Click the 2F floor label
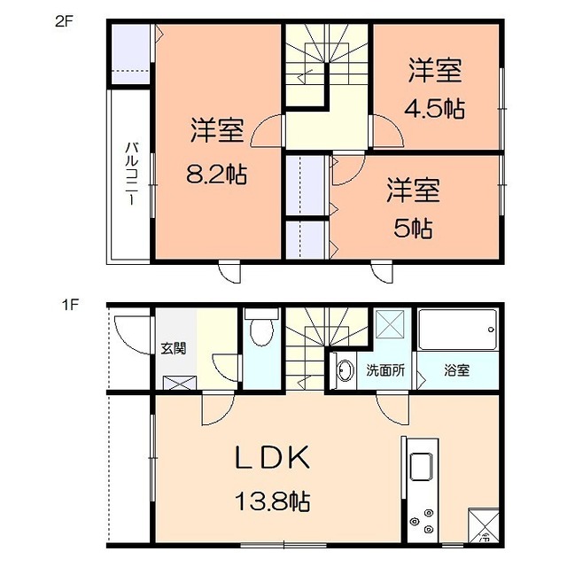click(64, 22)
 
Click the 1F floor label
click(69, 306)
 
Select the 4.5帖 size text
click(434, 108)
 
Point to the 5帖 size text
click(413, 229)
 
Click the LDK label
click(272, 457)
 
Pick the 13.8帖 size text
click(272, 501)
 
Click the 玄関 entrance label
click(174, 348)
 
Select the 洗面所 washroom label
click(385, 370)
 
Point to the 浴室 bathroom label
click(457, 370)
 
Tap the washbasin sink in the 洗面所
click(346, 370)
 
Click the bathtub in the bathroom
click(457, 330)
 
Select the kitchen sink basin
click(421, 467)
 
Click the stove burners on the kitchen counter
click(423, 522)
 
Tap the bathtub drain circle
click(491, 330)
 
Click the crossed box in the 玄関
click(180, 383)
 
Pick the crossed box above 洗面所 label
click(390, 324)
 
